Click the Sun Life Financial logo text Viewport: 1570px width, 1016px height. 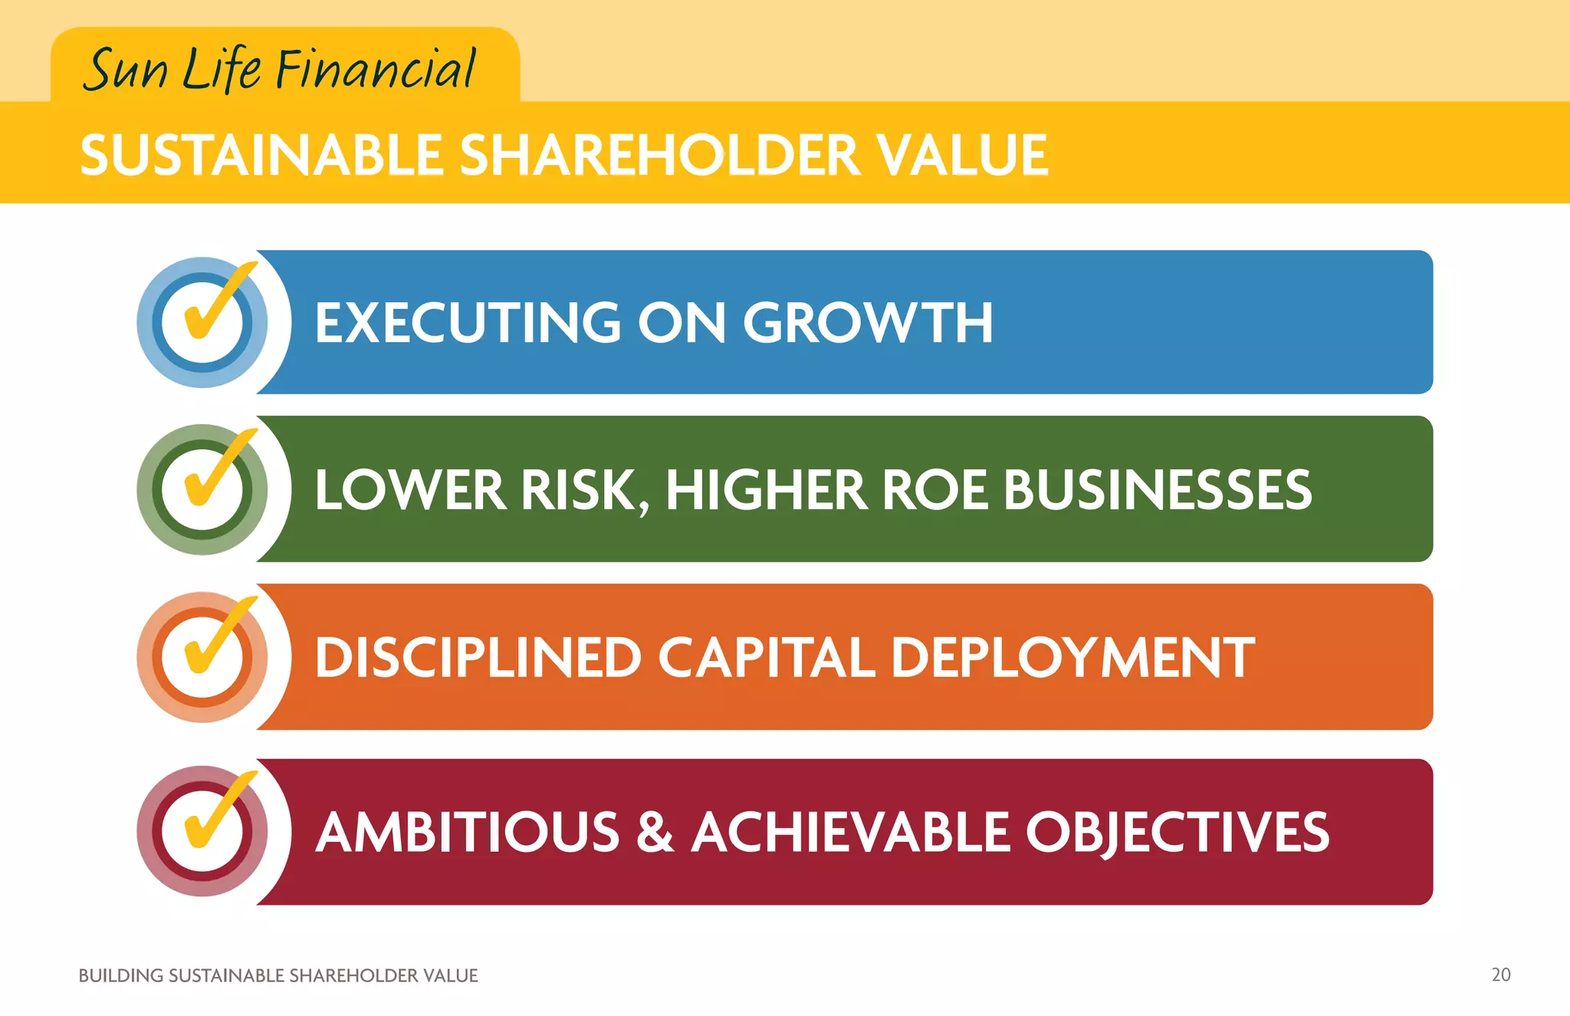point(281,69)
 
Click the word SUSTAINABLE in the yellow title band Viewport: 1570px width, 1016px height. point(261,155)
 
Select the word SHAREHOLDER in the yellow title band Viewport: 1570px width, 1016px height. point(660,155)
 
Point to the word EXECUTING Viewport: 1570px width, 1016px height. point(468,322)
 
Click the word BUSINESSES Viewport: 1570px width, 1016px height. point(1158,489)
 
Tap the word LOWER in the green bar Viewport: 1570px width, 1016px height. point(410,489)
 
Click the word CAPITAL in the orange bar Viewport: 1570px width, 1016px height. point(766,657)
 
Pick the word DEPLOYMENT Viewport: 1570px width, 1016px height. point(1072,657)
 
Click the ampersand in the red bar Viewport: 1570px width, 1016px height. point(655,832)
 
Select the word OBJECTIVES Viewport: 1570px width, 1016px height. point(1177,832)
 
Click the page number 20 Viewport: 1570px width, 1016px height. point(1500,975)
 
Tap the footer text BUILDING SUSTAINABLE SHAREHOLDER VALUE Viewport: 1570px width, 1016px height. point(278,975)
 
